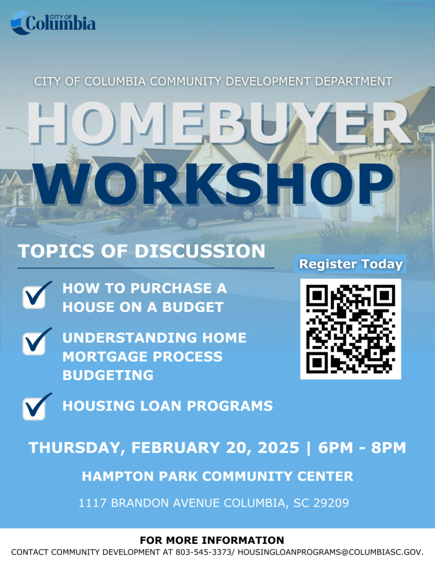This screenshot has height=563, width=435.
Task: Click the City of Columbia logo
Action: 53,23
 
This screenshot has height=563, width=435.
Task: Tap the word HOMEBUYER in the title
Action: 218,124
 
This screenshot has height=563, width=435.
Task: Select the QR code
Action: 351,329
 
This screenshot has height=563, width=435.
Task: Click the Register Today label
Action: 351,264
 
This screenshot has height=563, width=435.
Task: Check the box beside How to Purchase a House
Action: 35,296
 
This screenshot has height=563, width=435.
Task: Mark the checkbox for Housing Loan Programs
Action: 35,407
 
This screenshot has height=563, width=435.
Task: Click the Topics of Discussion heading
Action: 141,251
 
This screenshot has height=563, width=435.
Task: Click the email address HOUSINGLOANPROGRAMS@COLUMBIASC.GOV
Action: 331,552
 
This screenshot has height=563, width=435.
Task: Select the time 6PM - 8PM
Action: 362,448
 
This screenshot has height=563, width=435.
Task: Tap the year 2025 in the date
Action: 278,448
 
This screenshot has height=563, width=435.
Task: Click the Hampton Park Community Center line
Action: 218,477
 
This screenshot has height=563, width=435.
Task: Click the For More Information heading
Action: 212,540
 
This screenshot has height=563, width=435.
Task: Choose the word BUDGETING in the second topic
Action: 108,375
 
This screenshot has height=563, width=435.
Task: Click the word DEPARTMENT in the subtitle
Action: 354,81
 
